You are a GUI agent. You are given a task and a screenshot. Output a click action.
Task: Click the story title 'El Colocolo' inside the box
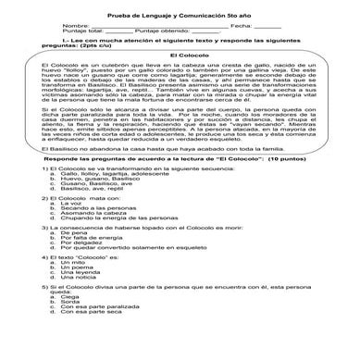180,56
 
